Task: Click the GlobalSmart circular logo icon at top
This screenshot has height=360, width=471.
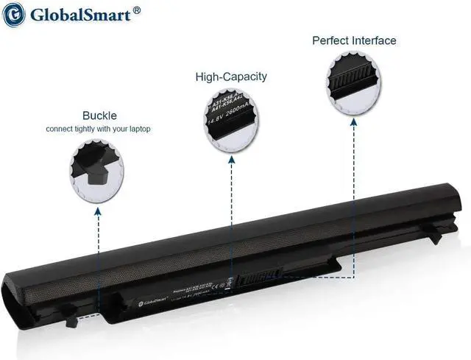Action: coord(15,15)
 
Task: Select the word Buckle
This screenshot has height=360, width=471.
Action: coord(99,116)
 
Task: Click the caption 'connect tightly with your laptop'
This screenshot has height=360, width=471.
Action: coord(99,129)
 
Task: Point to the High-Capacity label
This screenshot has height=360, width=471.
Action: coord(231,77)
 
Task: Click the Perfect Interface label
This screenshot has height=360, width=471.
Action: coord(354,40)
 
